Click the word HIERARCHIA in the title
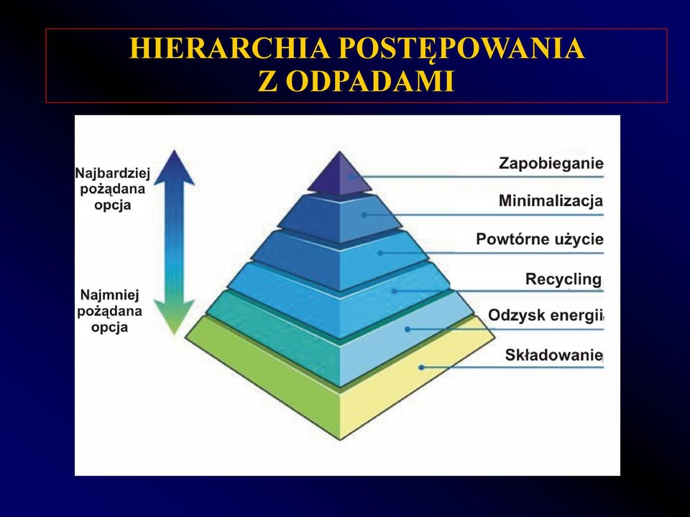pos(229,48)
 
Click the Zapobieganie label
pos(551,164)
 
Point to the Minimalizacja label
pos(551,201)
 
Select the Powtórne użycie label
pos(540,240)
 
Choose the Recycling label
pos(563,279)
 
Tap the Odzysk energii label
pos(545,315)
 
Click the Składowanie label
pos(553,355)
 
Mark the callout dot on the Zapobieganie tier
pos(351,177)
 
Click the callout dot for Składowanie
pos(421,367)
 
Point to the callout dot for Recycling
pos(395,291)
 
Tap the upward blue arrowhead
pos(174,167)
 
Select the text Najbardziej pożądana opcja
pos(113,189)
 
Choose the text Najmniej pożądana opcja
pos(109,311)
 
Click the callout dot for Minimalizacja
pos(364,215)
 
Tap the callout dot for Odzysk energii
pos(408,329)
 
